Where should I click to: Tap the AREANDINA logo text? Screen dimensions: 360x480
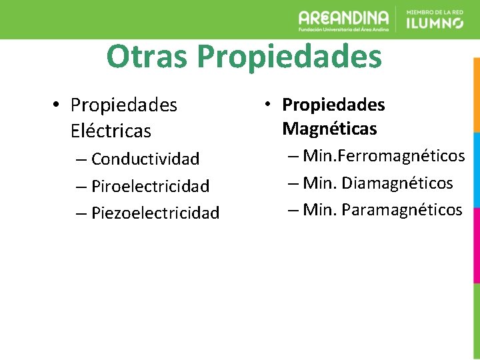[x=343, y=17]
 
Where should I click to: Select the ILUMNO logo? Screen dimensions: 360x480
[x=434, y=23]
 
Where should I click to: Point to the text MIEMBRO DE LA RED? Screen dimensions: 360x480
[x=434, y=11]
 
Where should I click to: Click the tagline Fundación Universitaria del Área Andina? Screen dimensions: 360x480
[x=343, y=30]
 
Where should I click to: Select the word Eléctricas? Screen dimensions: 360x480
[x=111, y=131]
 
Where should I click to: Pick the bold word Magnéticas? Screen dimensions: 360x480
[x=329, y=128]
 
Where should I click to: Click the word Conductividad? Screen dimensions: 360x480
[x=145, y=159]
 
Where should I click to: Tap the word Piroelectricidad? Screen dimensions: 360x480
[x=150, y=186]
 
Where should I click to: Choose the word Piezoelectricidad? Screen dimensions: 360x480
[x=155, y=213]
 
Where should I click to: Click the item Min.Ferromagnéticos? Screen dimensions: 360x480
[x=383, y=156]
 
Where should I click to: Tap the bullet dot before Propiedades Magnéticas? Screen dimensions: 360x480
[x=266, y=105]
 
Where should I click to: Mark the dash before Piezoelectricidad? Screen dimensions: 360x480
[x=81, y=213]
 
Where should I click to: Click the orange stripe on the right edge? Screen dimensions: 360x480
[x=476, y=94]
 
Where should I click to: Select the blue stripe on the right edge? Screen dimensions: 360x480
[x=476, y=170]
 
